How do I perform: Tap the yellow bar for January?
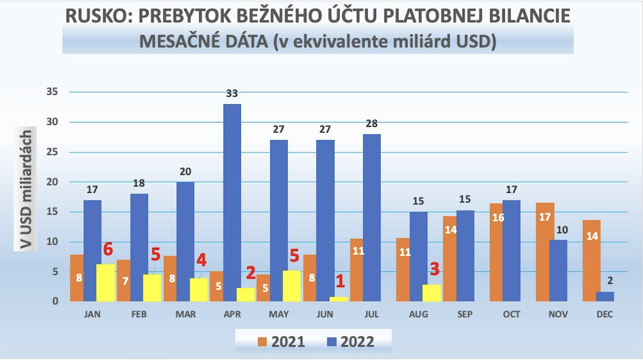(105, 283)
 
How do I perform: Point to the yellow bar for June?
(338, 299)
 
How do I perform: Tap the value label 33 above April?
(232, 93)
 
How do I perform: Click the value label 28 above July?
(372, 123)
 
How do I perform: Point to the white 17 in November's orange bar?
(544, 217)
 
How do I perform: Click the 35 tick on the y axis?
(51, 92)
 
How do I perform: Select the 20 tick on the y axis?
(51, 182)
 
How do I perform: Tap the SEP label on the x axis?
(465, 315)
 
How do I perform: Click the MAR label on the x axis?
(185, 315)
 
